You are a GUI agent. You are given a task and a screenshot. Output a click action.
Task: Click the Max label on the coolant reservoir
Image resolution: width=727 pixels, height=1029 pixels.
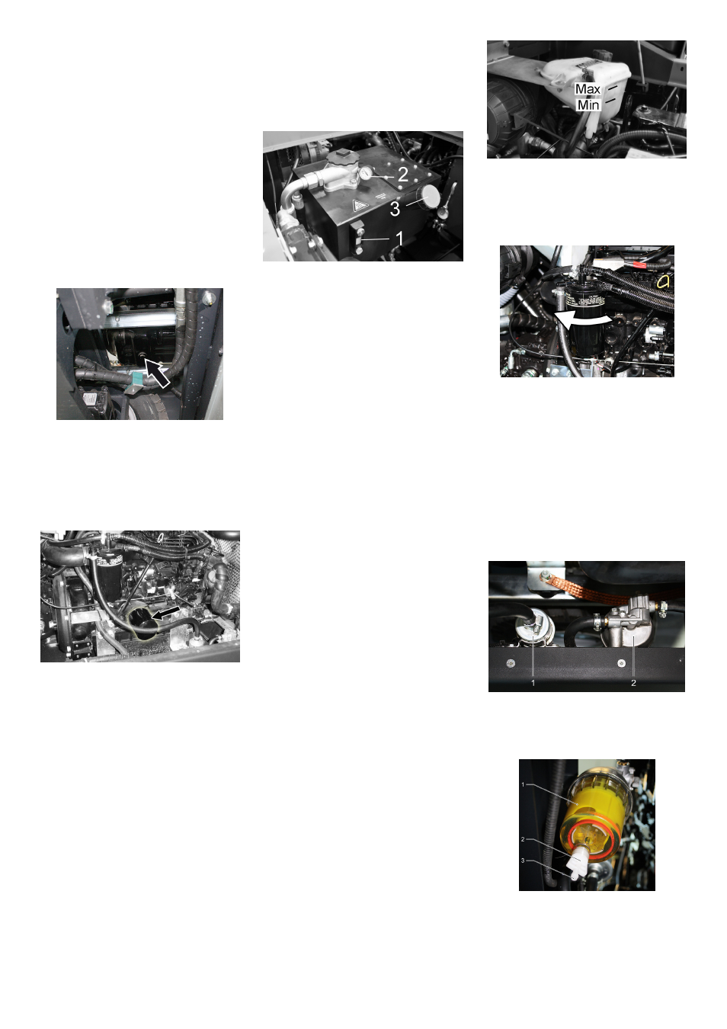pos(588,89)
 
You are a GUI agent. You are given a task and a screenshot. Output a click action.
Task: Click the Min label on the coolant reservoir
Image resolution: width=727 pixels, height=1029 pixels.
pos(588,105)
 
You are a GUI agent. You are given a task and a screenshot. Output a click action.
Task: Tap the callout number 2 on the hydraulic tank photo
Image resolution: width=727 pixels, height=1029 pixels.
pos(403,175)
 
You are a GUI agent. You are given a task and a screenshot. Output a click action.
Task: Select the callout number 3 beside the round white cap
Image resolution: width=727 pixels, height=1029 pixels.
pos(395,209)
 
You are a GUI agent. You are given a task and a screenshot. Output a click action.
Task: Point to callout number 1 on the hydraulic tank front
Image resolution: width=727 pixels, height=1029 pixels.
pos(399,239)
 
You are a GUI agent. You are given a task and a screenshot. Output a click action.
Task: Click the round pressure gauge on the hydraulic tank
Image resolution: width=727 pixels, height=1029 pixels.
pos(367,173)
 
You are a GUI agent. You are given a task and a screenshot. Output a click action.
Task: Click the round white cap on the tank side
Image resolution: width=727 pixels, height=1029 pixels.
pos(430,197)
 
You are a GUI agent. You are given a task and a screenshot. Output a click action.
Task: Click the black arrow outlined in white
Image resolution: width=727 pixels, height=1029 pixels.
pos(157,372)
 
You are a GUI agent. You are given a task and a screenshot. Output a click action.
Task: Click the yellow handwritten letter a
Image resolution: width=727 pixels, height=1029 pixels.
pos(663,281)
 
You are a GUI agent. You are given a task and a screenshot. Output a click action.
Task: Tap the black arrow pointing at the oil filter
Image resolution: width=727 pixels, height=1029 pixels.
pos(167,611)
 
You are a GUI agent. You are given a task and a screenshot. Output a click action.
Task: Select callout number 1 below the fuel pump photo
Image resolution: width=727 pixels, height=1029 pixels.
pos(533,683)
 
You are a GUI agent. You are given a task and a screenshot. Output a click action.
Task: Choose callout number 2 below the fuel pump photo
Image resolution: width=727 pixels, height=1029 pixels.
pos(633,683)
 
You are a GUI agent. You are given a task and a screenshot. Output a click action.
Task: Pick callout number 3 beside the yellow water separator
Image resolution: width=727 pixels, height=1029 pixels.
pos(523,861)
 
